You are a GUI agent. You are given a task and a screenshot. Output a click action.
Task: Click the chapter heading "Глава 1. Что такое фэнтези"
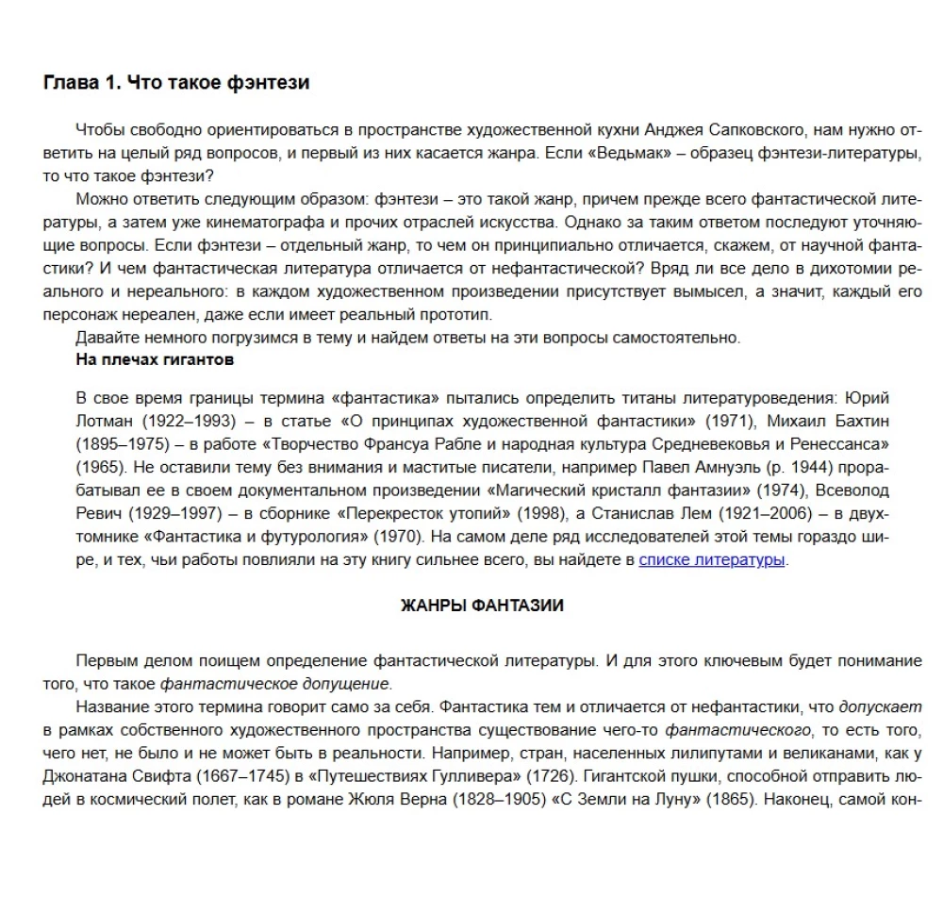click(x=176, y=83)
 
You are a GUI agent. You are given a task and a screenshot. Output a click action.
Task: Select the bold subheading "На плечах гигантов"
click(x=155, y=359)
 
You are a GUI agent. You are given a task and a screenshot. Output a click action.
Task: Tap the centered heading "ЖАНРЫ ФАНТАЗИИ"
click(x=482, y=606)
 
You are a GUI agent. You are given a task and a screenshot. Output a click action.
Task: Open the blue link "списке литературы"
click(x=711, y=559)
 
